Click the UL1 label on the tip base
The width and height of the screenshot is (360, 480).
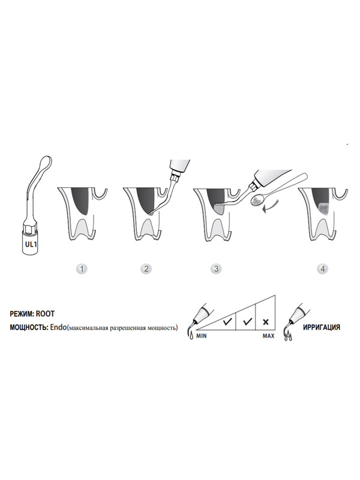click(31, 245)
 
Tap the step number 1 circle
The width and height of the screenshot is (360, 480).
click(82, 269)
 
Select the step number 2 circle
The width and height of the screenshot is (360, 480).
click(146, 269)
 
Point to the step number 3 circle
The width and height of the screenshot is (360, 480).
click(216, 269)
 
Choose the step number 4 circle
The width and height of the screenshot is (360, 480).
click(322, 269)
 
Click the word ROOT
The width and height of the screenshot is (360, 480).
click(45, 314)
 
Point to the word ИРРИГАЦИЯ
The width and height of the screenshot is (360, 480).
click(322, 327)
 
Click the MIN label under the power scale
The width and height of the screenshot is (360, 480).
click(202, 336)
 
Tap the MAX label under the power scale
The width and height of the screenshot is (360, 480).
click(268, 336)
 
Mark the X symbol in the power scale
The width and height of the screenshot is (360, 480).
click(266, 322)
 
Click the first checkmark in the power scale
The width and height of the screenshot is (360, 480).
click(227, 322)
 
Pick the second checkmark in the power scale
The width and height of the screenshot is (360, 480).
click(247, 322)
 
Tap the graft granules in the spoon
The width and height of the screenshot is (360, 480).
click(256, 201)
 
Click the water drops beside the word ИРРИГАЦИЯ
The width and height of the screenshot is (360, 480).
click(288, 337)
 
